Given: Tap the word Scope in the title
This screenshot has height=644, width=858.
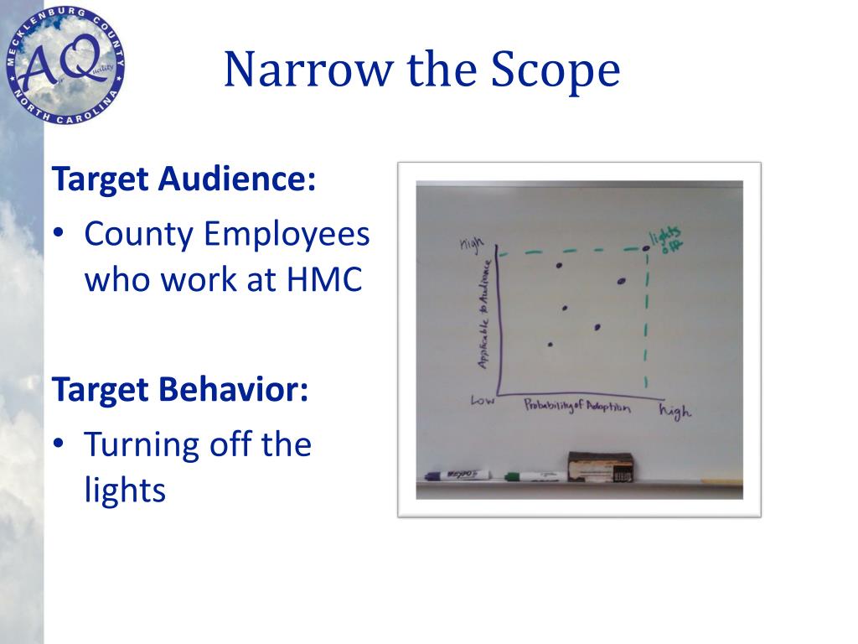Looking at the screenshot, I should [x=556, y=71].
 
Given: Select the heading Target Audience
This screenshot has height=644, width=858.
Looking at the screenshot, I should [x=184, y=179].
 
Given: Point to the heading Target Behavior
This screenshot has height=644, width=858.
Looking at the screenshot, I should [x=180, y=389].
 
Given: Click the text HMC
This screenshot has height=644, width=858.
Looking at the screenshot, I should [x=324, y=279].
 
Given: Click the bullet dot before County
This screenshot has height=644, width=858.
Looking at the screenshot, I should [x=60, y=234].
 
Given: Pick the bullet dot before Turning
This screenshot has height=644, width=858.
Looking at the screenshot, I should [x=60, y=444].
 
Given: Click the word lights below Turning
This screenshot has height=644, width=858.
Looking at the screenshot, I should [x=125, y=489].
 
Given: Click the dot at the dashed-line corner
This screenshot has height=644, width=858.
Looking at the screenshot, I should [x=646, y=247].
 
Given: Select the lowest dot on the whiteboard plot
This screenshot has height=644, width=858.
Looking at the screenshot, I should [x=550, y=344].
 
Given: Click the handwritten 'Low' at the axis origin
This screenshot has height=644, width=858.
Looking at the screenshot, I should [x=482, y=401].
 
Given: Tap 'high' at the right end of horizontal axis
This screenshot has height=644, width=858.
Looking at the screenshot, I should [x=676, y=411].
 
